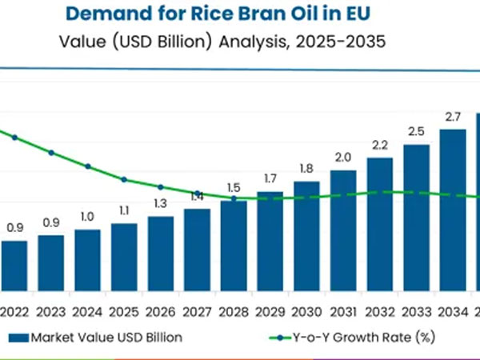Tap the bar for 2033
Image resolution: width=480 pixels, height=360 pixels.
[x=416, y=216]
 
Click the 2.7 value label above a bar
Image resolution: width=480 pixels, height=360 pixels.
[x=453, y=117]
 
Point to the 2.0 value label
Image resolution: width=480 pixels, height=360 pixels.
[x=343, y=157]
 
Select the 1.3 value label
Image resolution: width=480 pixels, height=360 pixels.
[x=160, y=202]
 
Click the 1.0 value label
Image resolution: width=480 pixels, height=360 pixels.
[x=87, y=216]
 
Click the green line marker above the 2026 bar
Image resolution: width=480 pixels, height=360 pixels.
[x=160, y=186]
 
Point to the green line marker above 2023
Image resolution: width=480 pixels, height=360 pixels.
[x=51, y=152]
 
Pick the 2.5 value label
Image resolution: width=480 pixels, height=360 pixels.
[x=416, y=131]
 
